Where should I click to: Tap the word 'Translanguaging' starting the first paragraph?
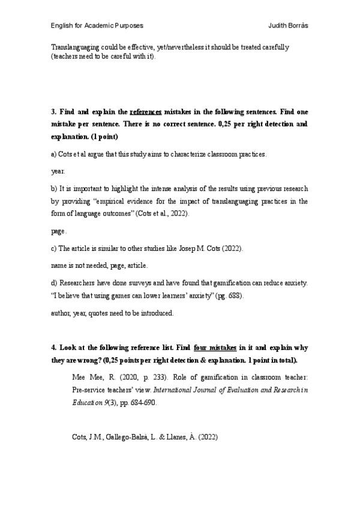pyautogui.click(x=74, y=47)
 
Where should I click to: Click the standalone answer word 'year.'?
pyautogui.click(x=58, y=171)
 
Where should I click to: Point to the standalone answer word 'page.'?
pyautogui.click(x=59, y=230)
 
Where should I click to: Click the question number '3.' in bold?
pyautogui.click(x=53, y=112)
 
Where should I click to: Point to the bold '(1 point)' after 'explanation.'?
pyautogui.click(x=104, y=137)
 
